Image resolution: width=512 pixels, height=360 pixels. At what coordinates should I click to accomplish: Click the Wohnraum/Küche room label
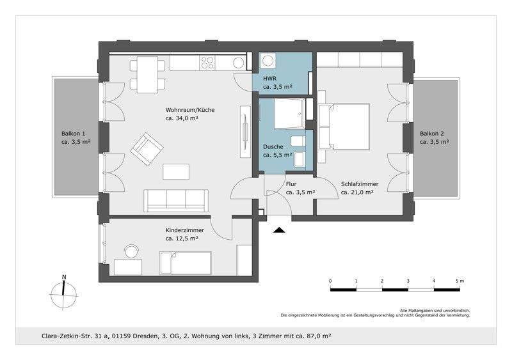click(190, 110)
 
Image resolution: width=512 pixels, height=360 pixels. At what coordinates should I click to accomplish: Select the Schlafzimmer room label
click(360, 184)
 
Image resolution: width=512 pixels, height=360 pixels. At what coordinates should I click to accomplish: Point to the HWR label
click(269, 79)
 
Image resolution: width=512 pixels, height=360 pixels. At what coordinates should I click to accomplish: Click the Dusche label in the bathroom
click(273, 146)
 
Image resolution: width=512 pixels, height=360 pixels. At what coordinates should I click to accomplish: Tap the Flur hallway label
click(291, 184)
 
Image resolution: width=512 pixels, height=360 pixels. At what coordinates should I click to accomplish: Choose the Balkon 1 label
click(74, 134)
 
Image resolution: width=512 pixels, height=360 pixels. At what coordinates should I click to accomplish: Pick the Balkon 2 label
click(431, 134)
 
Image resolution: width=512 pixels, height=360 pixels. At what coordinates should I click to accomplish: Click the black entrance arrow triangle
click(279, 230)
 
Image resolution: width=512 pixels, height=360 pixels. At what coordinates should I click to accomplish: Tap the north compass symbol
click(64, 292)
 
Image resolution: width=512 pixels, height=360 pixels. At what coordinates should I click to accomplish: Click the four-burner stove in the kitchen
click(207, 63)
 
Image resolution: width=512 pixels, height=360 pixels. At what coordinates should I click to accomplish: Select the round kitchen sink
click(238, 63)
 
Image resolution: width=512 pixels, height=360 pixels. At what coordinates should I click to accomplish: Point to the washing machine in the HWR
click(268, 61)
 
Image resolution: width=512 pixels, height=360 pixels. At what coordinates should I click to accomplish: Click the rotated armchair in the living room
click(147, 149)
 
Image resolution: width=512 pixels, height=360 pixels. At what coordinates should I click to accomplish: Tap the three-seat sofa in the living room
click(176, 200)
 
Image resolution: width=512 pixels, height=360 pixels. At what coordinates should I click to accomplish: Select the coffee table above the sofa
click(176, 171)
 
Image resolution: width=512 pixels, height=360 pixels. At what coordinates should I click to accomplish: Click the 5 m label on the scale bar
click(460, 281)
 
